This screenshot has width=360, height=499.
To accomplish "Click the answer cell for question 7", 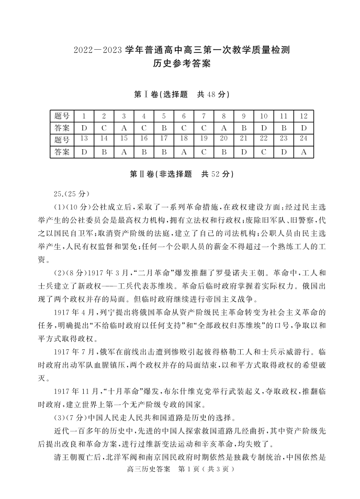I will [x=204, y=128].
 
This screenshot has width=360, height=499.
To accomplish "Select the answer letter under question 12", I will [x=303, y=128].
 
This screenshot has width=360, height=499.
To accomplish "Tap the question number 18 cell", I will [x=184, y=139].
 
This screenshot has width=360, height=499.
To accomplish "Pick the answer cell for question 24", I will [x=303, y=152].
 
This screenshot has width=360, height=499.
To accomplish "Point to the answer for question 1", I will [x=84, y=128].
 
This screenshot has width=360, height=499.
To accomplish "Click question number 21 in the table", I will [x=243, y=139].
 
